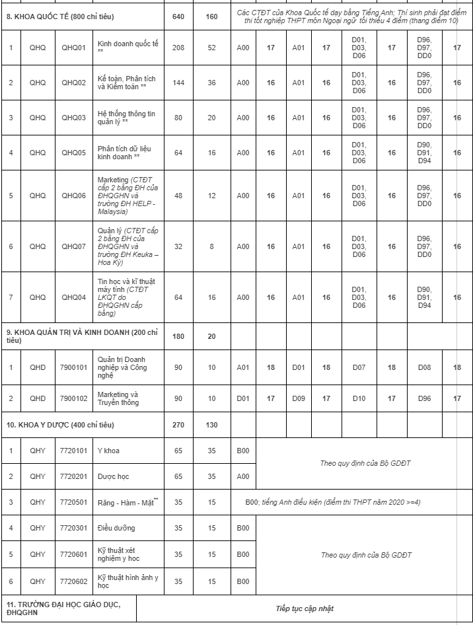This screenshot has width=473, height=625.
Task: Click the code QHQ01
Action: (73, 48)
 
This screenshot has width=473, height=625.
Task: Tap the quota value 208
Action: (178, 48)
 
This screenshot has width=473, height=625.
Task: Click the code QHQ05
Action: (73, 153)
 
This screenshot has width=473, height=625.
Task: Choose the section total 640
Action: (178, 16)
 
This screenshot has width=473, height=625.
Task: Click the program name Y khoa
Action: (108, 451)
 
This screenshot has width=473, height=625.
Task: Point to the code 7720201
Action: (73, 476)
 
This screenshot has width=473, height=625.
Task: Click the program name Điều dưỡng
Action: (116, 528)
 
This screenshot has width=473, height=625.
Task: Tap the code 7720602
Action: (73, 581)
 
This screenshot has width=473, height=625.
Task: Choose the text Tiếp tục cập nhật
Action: (305, 608)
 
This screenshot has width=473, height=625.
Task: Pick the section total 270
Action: (178, 425)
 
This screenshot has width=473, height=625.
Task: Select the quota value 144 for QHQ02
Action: (178, 83)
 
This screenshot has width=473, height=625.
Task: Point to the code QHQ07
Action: (73, 246)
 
